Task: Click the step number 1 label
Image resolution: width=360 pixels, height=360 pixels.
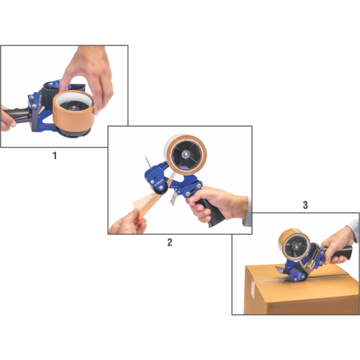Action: (x=55, y=156)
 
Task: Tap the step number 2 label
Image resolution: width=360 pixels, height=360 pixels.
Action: (x=170, y=242)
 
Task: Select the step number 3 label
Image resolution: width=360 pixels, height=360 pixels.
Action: (x=305, y=205)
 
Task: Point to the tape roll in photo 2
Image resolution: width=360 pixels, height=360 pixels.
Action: (x=185, y=155)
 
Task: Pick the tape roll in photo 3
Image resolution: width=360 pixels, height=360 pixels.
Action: (x=294, y=244)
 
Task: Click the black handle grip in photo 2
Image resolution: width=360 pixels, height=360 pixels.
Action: (x=211, y=212)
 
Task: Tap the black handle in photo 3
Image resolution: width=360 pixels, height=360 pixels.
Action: (x=341, y=253)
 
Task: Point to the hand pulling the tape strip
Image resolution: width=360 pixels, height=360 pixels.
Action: (x=127, y=222)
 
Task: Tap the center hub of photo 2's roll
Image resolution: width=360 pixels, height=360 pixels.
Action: (x=186, y=154)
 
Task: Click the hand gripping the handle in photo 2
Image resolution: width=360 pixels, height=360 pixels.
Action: (x=216, y=204)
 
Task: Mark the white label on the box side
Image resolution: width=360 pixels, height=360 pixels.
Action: (x=253, y=289)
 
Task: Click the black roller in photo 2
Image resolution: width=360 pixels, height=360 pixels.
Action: (x=159, y=189)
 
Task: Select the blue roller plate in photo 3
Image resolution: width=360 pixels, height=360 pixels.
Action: (x=297, y=274)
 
